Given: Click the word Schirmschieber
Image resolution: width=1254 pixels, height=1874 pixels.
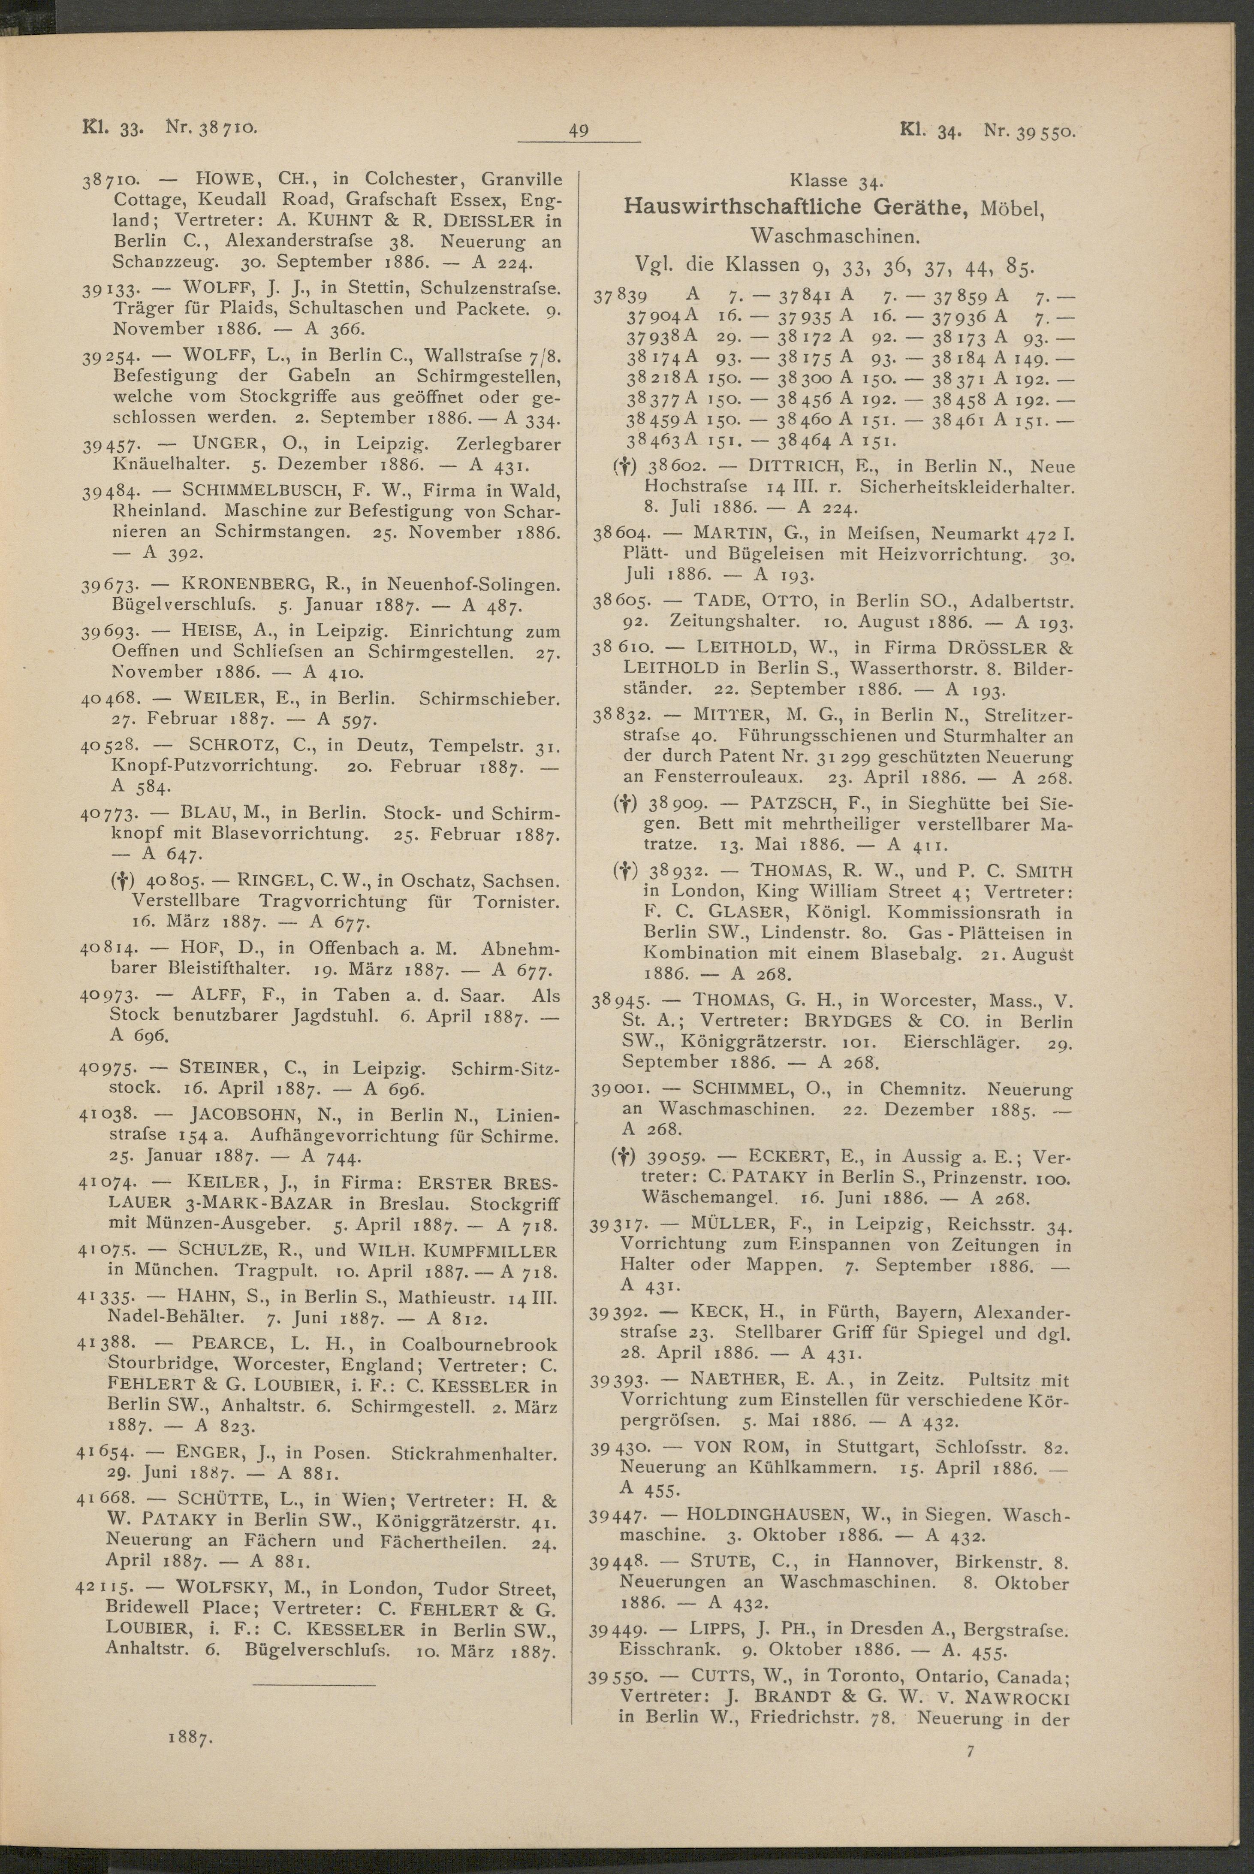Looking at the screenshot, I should pyautogui.click(x=488, y=698).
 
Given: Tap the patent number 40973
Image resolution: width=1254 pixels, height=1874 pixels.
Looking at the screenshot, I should pyautogui.click(x=109, y=997).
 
